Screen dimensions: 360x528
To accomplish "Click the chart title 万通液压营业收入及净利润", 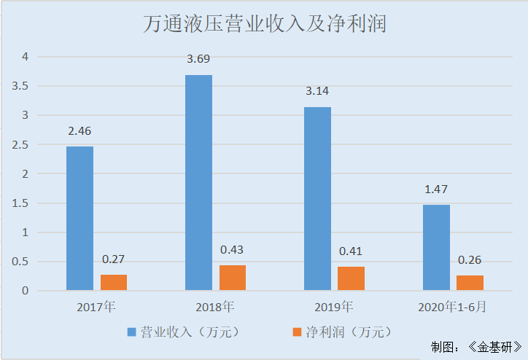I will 263,25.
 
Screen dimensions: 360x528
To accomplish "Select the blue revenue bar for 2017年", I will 79,219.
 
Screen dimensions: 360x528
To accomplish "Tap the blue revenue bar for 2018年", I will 198,182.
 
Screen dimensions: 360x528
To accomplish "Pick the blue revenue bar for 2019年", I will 317,198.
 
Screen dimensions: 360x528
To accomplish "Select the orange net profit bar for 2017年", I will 114,283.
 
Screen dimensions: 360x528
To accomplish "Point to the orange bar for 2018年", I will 233,278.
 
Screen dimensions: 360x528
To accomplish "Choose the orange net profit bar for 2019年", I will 351,278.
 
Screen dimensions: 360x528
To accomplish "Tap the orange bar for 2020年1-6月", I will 470,283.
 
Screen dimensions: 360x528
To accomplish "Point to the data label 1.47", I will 435,189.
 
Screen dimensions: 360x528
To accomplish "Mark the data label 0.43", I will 232,250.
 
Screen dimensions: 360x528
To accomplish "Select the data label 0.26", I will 470,260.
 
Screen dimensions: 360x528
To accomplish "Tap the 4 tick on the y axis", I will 25,56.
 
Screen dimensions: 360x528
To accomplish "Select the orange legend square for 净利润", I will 297,332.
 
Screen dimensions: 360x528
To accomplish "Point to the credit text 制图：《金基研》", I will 476,347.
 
